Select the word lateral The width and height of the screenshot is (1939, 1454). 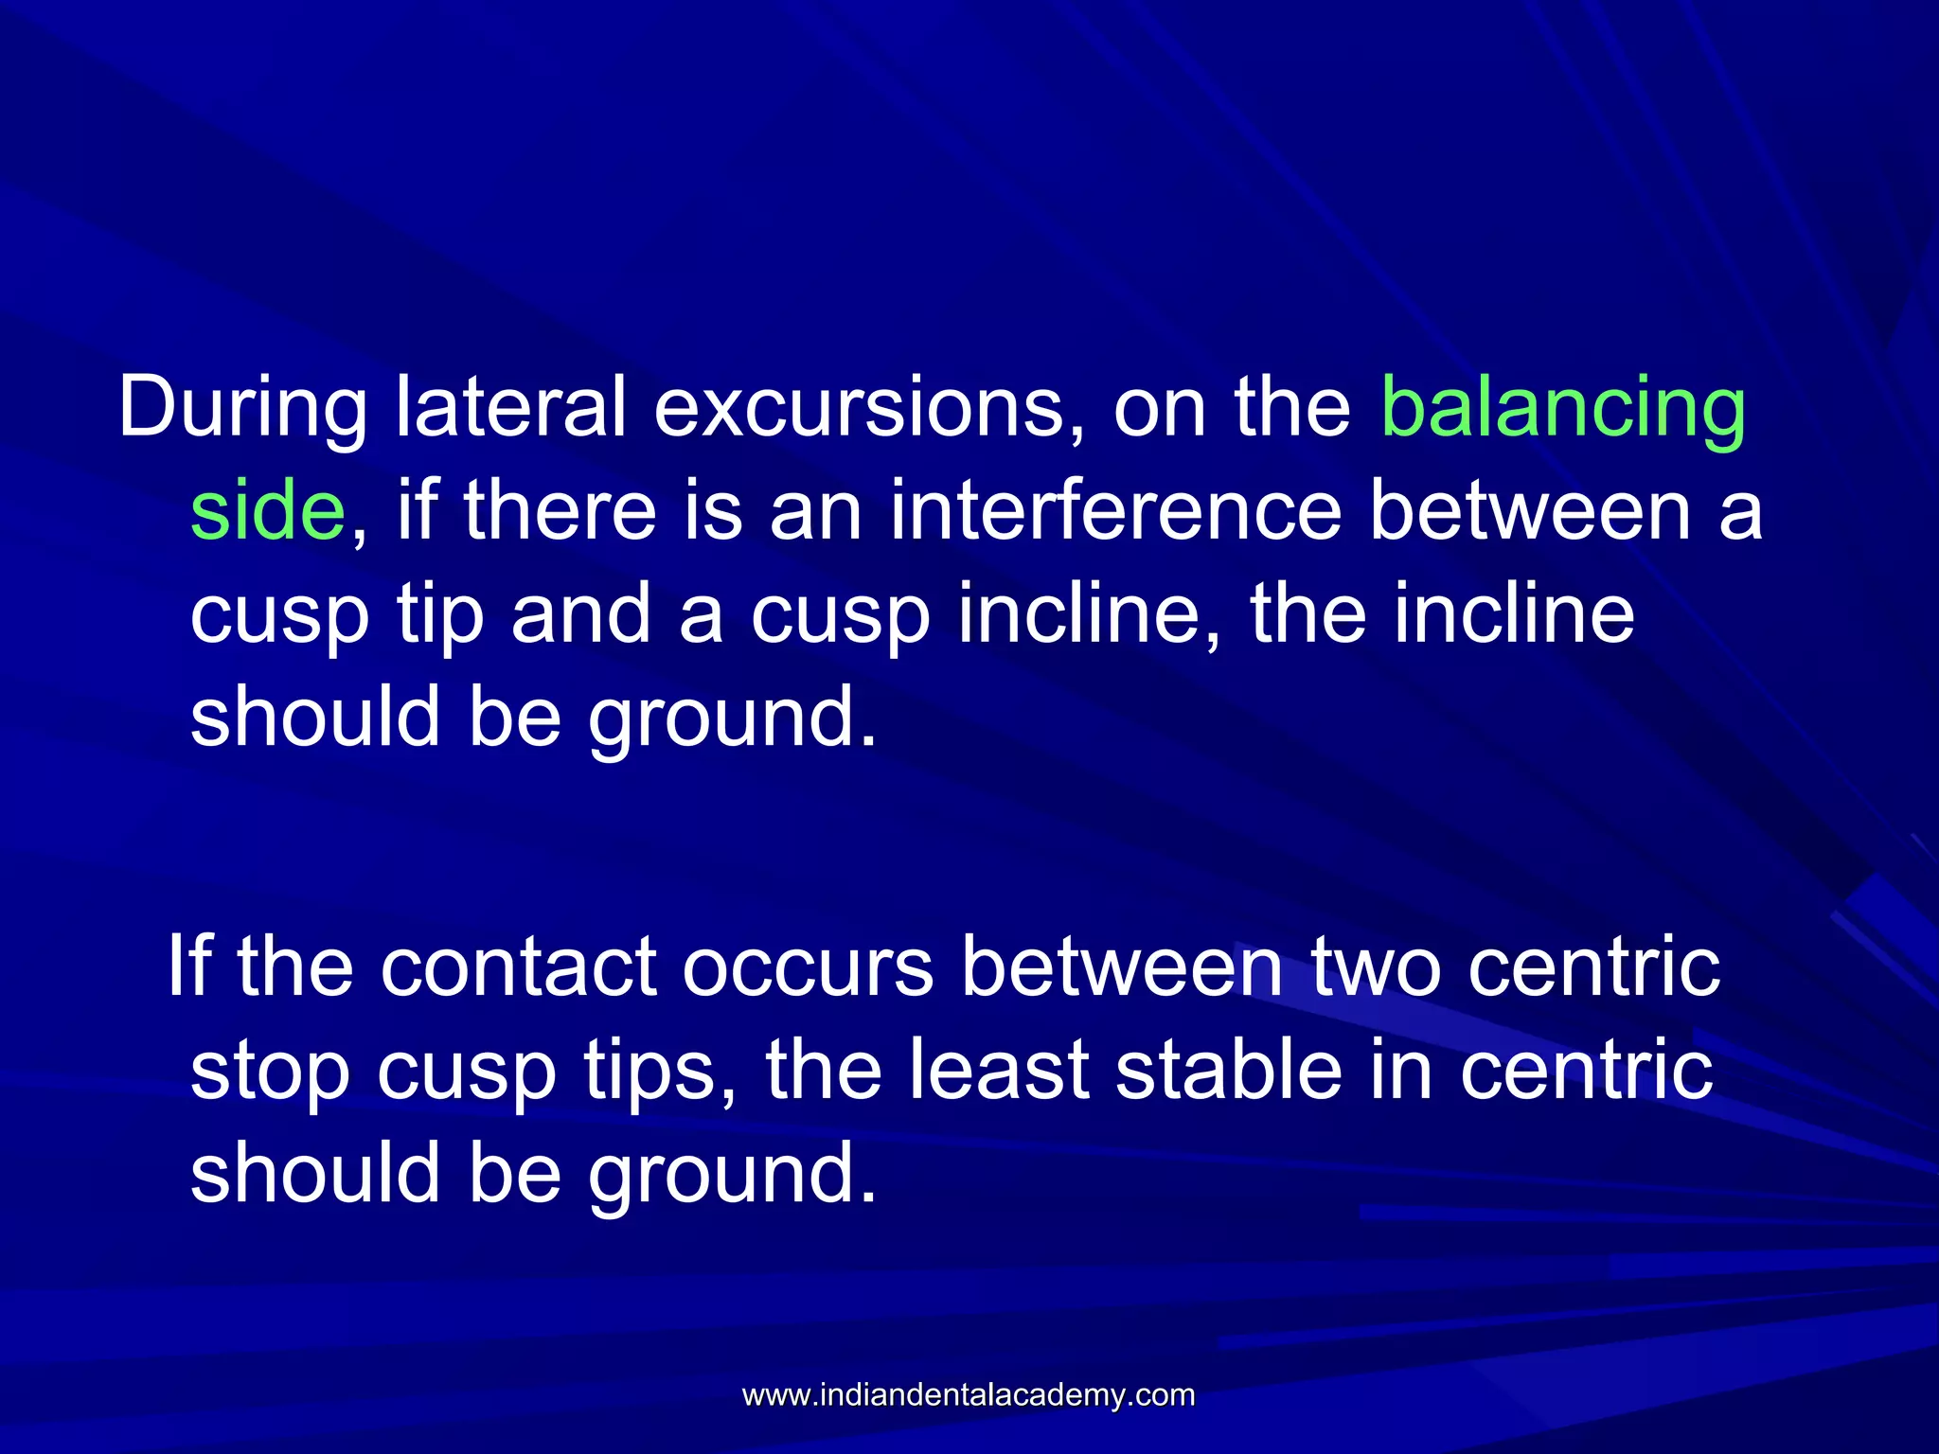(x=510, y=407)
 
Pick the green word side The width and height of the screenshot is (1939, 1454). (x=268, y=511)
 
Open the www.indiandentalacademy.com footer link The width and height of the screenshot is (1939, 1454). (x=968, y=1395)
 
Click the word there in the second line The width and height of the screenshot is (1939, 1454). (x=560, y=511)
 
